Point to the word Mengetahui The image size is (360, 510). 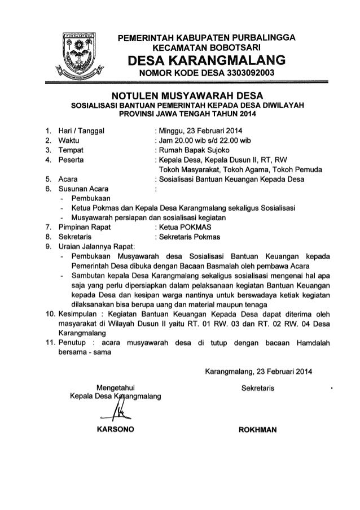(118, 387)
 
